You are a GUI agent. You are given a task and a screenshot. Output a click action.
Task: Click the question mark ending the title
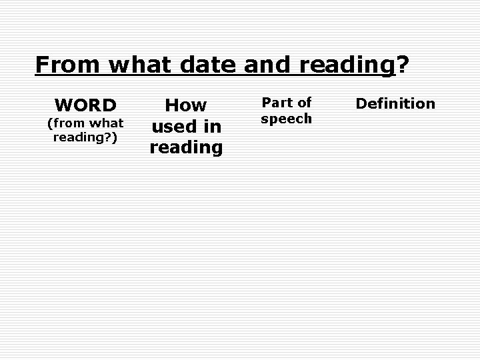[403, 65]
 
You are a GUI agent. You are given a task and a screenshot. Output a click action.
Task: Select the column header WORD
[86, 105]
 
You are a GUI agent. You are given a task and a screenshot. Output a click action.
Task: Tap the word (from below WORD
[64, 123]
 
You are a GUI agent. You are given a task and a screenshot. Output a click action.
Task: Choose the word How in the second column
[186, 105]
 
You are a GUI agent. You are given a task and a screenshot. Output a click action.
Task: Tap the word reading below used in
[186, 147]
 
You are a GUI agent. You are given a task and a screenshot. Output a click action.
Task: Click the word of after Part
[305, 103]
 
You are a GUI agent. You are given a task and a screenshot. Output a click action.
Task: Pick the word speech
[287, 119]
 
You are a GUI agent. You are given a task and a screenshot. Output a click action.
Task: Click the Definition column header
[395, 103]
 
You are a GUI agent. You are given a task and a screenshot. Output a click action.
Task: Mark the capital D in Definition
[361, 103]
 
